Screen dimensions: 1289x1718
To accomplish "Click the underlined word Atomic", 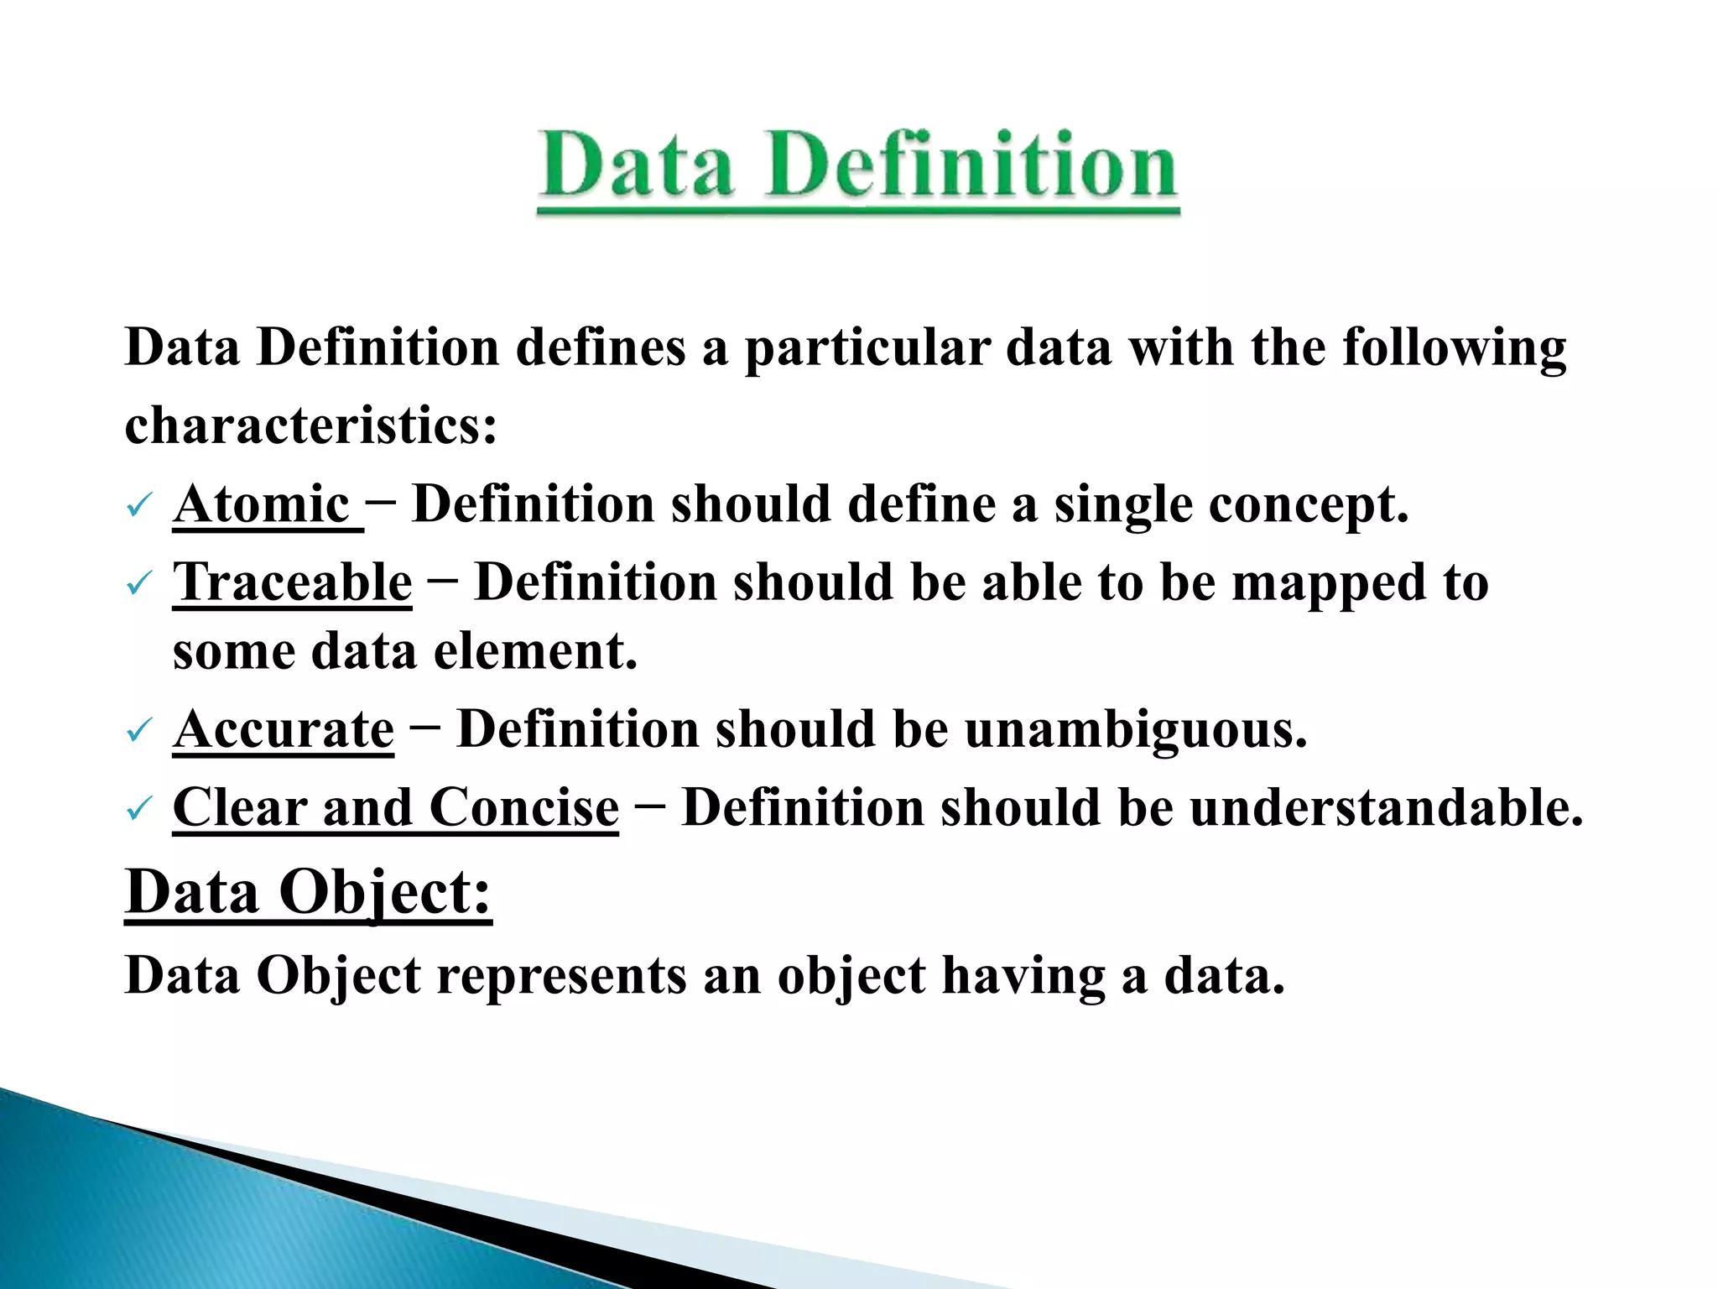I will [x=262, y=504].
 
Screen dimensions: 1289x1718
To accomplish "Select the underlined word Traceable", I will [x=293, y=582].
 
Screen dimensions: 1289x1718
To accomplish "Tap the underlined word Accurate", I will [x=284, y=728].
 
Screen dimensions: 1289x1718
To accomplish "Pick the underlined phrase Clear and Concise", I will [x=396, y=807].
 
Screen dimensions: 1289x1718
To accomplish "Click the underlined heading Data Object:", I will [x=308, y=892].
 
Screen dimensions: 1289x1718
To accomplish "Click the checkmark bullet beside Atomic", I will [x=138, y=506].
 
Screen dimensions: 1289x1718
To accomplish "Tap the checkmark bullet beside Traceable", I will [x=138, y=583].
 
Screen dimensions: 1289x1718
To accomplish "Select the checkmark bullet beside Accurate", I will [x=138, y=730].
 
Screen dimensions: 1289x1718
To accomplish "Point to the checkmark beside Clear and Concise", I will [x=138, y=809].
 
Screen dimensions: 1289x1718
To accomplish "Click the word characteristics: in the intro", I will [x=311, y=425].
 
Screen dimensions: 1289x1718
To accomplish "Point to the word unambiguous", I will [x=1136, y=728].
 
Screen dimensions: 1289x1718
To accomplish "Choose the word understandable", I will [x=1386, y=807].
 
